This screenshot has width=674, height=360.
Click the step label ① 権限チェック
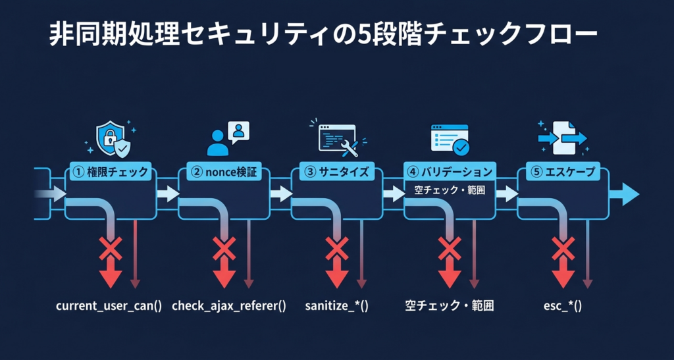point(111,172)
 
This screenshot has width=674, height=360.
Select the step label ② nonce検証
point(224,172)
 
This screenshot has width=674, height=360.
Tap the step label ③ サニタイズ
point(337,172)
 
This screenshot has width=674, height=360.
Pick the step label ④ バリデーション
point(450,172)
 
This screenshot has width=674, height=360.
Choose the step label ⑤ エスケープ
point(562,172)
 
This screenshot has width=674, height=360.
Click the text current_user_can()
point(109,306)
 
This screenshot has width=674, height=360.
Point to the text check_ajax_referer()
point(229,306)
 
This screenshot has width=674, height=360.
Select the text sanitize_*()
point(336,306)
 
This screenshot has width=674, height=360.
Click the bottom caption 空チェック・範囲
point(450,306)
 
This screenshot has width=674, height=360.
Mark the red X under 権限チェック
point(111,249)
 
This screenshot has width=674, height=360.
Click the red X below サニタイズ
point(337,249)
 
